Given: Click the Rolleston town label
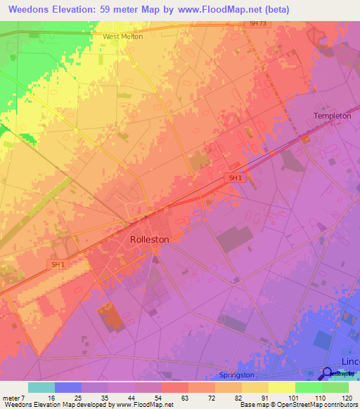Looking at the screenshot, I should point(150,239).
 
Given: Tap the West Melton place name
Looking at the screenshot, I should point(122,37).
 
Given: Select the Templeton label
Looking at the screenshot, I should point(332,116).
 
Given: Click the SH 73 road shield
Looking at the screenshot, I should point(258,24).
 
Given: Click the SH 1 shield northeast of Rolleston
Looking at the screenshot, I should point(235,178).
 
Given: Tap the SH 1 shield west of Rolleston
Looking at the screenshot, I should point(58,264).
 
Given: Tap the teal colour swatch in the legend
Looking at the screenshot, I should point(41,387).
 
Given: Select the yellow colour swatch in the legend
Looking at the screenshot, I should point(282,387).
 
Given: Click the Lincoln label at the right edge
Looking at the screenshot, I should point(350,361).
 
